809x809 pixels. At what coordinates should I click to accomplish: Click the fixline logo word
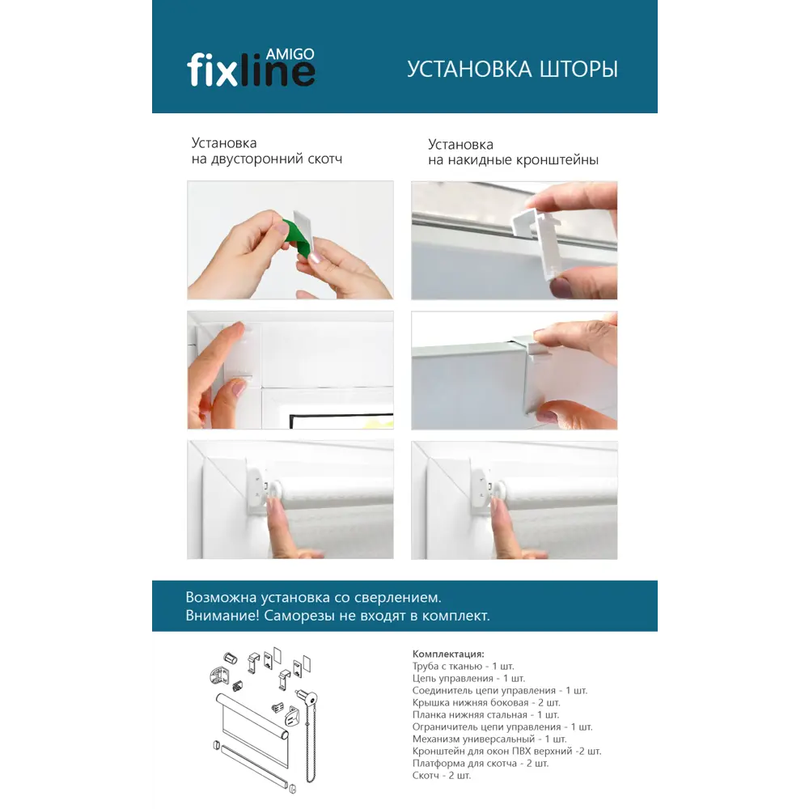[x=251, y=71]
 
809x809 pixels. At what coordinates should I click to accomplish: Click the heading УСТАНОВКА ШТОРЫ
[x=512, y=70]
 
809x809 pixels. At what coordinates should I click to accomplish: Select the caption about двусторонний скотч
[x=266, y=151]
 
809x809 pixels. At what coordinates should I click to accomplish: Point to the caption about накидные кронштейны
[x=513, y=152]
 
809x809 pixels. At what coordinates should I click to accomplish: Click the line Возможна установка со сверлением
[x=314, y=598]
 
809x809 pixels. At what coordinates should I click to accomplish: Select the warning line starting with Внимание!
[x=337, y=616]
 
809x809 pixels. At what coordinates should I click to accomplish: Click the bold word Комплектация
[x=448, y=654]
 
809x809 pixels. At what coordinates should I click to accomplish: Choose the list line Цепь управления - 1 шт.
[x=468, y=678]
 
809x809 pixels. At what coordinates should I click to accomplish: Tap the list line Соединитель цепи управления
[x=499, y=690]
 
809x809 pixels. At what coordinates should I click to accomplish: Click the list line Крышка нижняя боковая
[x=485, y=702]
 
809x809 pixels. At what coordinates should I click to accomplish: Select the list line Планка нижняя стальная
[x=485, y=714]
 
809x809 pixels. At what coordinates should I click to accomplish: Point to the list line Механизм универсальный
[x=489, y=739]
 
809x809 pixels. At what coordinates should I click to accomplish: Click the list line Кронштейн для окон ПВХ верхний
[x=506, y=751]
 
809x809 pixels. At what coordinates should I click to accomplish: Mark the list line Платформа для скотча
[x=480, y=763]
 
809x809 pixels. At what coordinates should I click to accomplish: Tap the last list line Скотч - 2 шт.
[x=441, y=775]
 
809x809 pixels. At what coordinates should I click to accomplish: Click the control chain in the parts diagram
[x=311, y=744]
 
